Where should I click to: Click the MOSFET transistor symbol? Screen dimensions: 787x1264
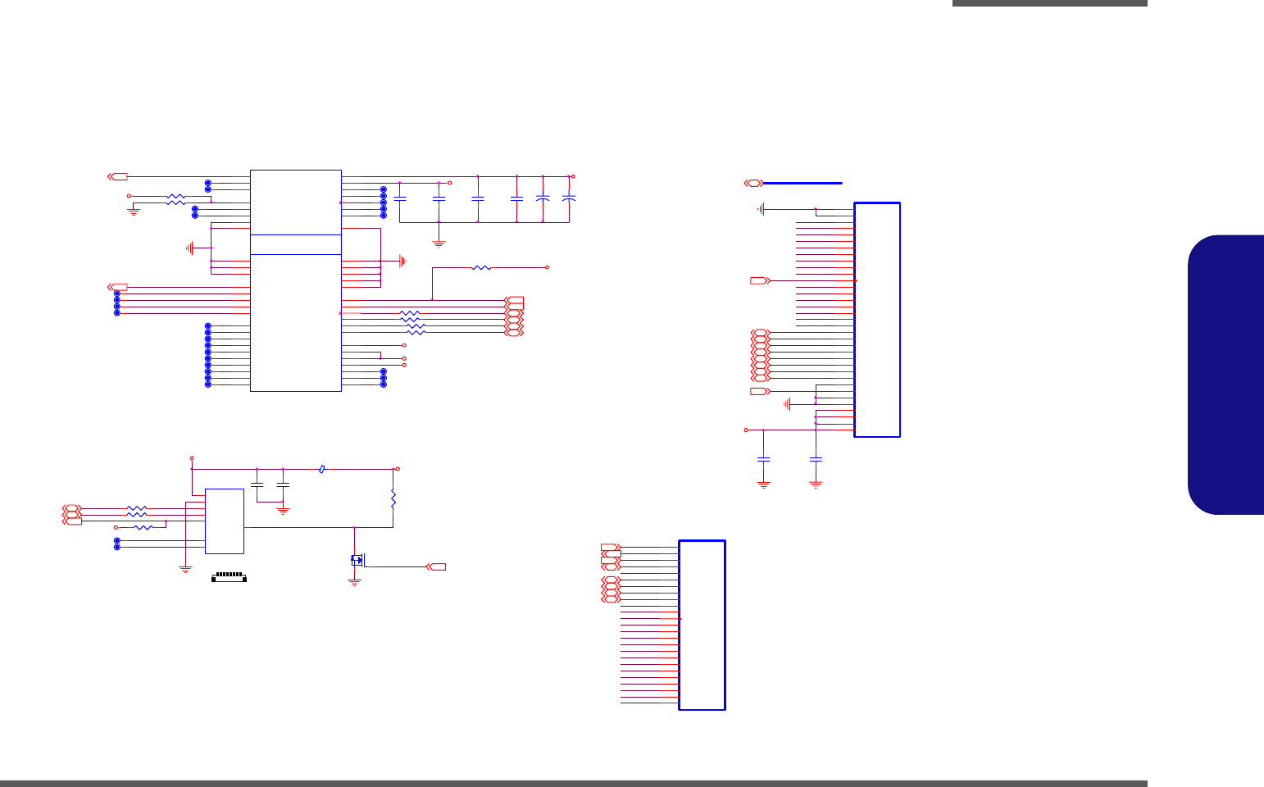tap(357, 560)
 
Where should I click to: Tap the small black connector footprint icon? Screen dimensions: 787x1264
tap(230, 578)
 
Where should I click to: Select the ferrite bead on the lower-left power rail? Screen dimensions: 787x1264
tap(322, 470)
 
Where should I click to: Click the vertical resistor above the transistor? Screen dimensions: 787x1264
tap(393, 498)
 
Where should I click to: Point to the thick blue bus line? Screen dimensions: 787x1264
tap(803, 183)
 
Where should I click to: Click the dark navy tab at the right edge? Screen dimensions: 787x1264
tap(1226, 375)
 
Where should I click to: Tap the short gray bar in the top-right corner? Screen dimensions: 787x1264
tap(1049, 3)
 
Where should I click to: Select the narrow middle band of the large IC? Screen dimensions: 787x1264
tap(295, 244)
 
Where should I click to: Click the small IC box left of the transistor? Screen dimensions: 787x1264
tap(224, 521)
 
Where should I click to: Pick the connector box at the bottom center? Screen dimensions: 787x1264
tap(702, 625)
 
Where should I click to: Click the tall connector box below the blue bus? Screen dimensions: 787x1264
tap(877, 320)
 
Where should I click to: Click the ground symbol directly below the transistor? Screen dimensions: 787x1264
tap(355, 581)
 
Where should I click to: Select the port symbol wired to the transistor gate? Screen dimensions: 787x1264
tap(436, 566)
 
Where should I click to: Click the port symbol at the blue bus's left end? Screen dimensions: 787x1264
tap(753, 183)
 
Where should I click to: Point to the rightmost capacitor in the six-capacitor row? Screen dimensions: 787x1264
tap(569, 198)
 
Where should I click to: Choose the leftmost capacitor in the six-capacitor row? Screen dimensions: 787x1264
tap(400, 198)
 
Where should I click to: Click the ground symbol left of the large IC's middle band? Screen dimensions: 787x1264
tap(190, 248)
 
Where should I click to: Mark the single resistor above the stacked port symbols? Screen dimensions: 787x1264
tap(482, 267)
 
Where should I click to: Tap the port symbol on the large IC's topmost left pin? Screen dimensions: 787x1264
tap(118, 176)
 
